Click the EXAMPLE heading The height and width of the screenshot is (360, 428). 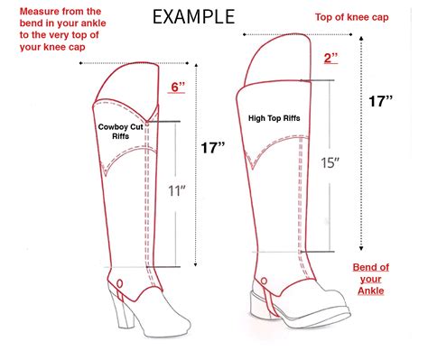click(x=193, y=17)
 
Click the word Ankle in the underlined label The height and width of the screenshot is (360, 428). click(x=370, y=291)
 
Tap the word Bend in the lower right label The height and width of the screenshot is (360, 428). click(x=363, y=268)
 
